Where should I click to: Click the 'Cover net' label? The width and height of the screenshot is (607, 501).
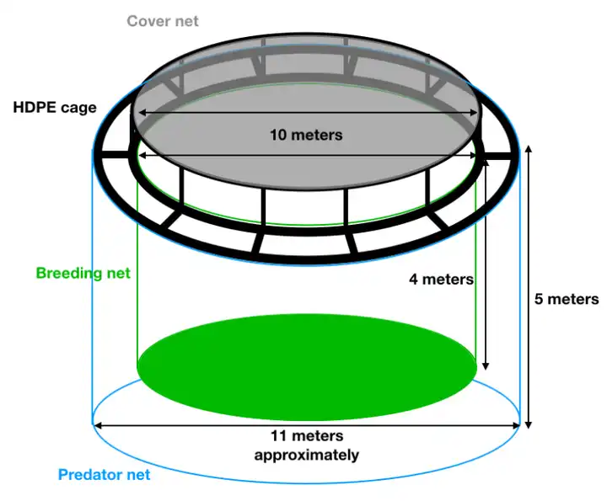(163, 20)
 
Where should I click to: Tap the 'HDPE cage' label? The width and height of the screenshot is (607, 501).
(55, 107)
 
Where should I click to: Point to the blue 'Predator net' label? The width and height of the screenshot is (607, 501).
(105, 475)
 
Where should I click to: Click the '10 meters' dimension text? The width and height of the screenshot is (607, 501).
(306, 134)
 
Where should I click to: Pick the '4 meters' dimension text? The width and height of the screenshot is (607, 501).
(441, 279)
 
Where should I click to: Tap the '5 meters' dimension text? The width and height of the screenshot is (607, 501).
(567, 299)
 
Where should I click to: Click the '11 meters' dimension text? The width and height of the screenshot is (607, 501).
(307, 436)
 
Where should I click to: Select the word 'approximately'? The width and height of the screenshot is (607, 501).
(307, 455)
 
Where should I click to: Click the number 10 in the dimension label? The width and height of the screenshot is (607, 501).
(278, 134)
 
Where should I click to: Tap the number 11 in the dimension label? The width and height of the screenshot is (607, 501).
(279, 436)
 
